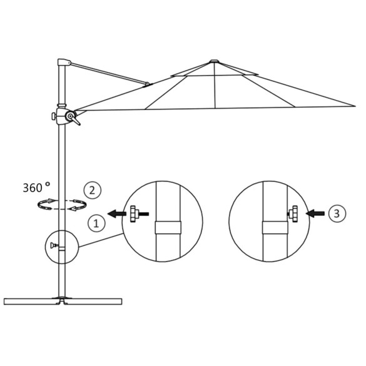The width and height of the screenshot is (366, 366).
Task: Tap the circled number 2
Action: click(91, 190)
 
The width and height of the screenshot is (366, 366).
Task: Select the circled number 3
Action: click(337, 213)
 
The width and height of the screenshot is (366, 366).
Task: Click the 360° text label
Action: click(36, 187)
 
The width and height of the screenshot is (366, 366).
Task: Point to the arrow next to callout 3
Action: click(316, 214)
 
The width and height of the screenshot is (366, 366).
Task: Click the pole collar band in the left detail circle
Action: click(168, 226)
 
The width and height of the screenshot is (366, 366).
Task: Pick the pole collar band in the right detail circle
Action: click(274, 226)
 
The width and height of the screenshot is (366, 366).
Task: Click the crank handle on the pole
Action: click(74, 120)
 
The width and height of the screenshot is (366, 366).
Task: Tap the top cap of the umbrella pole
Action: click(63, 64)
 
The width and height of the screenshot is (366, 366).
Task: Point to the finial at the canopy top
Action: click(214, 61)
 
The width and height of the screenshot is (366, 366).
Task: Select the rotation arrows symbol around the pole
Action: click(61, 204)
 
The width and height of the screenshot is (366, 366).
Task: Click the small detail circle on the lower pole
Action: click(60, 247)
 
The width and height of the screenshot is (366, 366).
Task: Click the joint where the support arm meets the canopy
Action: click(148, 84)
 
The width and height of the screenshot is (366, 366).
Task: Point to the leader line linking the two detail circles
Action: click(100, 240)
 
